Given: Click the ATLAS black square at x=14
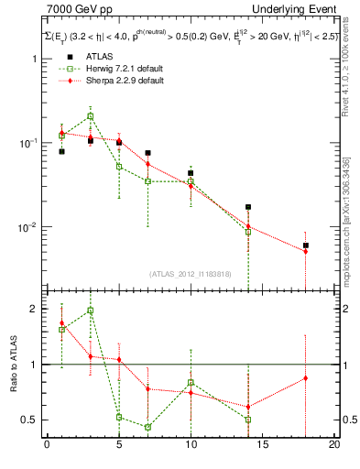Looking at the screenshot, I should [x=248, y=207].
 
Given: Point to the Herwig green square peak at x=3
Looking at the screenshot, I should [x=90, y=116].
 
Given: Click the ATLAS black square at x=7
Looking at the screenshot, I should [x=147, y=153].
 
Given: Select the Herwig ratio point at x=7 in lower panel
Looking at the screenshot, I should [x=147, y=427].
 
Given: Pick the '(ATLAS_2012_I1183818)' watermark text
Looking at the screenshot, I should [x=191, y=274].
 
